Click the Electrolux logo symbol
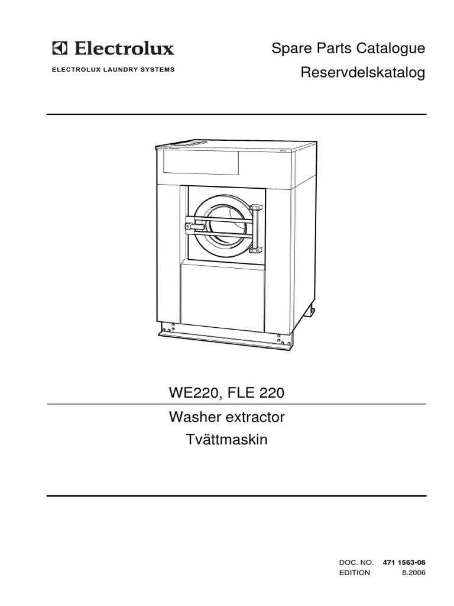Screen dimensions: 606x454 tap(60, 47)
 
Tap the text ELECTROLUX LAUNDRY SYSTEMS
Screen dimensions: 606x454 tap(114, 70)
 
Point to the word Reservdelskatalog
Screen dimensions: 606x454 tap(363, 73)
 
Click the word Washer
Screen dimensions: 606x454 tap(195, 417)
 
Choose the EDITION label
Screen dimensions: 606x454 tap(355, 572)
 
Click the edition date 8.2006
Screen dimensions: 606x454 tap(413, 572)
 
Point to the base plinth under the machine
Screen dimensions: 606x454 tap(225, 338)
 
